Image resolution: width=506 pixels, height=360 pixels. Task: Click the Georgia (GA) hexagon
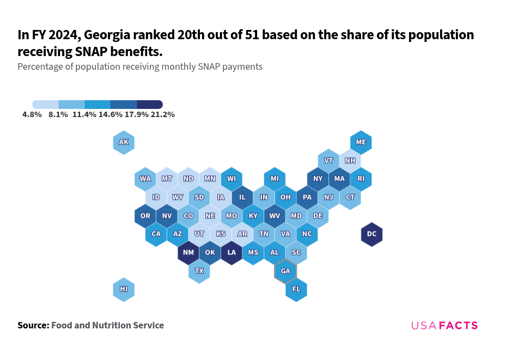(x=285, y=271)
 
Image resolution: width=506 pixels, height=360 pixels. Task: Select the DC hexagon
(x=371, y=234)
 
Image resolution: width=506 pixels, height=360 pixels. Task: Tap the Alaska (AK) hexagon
(x=124, y=143)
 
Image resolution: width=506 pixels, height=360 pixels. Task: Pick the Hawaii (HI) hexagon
(x=124, y=289)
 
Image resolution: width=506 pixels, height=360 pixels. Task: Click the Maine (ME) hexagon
(x=361, y=143)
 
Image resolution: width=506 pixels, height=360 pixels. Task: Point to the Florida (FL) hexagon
(x=296, y=289)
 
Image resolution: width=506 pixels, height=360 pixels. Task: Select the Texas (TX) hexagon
(x=199, y=271)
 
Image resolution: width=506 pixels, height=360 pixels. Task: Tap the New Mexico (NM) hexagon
(x=188, y=253)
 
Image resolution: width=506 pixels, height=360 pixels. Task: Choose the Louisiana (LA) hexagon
(x=231, y=253)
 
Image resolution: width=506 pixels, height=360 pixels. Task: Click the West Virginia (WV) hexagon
(x=275, y=216)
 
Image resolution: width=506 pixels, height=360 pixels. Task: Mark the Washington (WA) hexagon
(x=145, y=179)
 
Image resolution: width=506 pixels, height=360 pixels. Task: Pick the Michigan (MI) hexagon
(x=275, y=179)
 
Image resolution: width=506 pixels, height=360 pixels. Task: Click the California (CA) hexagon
(x=156, y=234)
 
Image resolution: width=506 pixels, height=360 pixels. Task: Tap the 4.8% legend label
(x=32, y=115)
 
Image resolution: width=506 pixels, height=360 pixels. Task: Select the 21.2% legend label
(x=163, y=115)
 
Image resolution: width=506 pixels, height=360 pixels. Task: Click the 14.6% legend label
(x=111, y=115)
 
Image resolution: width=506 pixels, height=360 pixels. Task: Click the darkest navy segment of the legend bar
(x=150, y=105)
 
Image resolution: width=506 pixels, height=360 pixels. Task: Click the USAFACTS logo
(x=444, y=326)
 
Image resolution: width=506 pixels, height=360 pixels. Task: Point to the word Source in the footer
(x=33, y=326)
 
